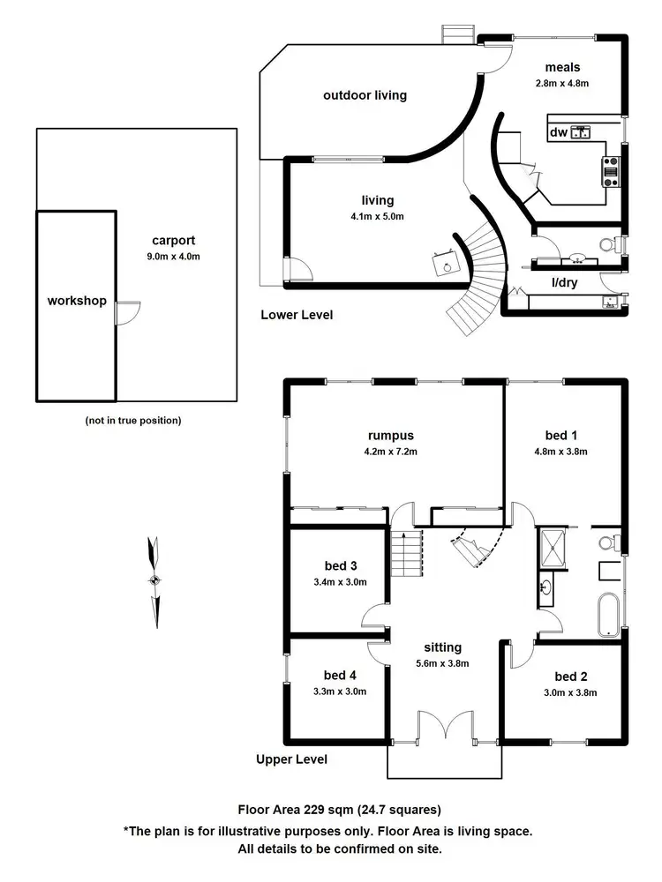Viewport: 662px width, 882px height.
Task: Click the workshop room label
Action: point(77,301)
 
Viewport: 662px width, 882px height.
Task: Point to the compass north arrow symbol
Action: point(154,579)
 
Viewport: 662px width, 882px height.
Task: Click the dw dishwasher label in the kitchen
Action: point(557,132)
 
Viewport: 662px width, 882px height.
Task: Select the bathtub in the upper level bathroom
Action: point(608,614)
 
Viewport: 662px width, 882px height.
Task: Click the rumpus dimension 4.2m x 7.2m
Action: point(391,452)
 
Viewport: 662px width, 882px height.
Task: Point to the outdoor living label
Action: point(365,94)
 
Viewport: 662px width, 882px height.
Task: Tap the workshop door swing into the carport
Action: point(129,311)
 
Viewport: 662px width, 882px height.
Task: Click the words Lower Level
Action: point(297,315)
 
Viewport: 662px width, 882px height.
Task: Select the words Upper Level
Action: point(291,759)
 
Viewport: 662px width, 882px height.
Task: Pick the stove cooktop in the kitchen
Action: point(610,171)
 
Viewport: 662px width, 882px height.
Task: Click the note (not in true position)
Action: point(133,421)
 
